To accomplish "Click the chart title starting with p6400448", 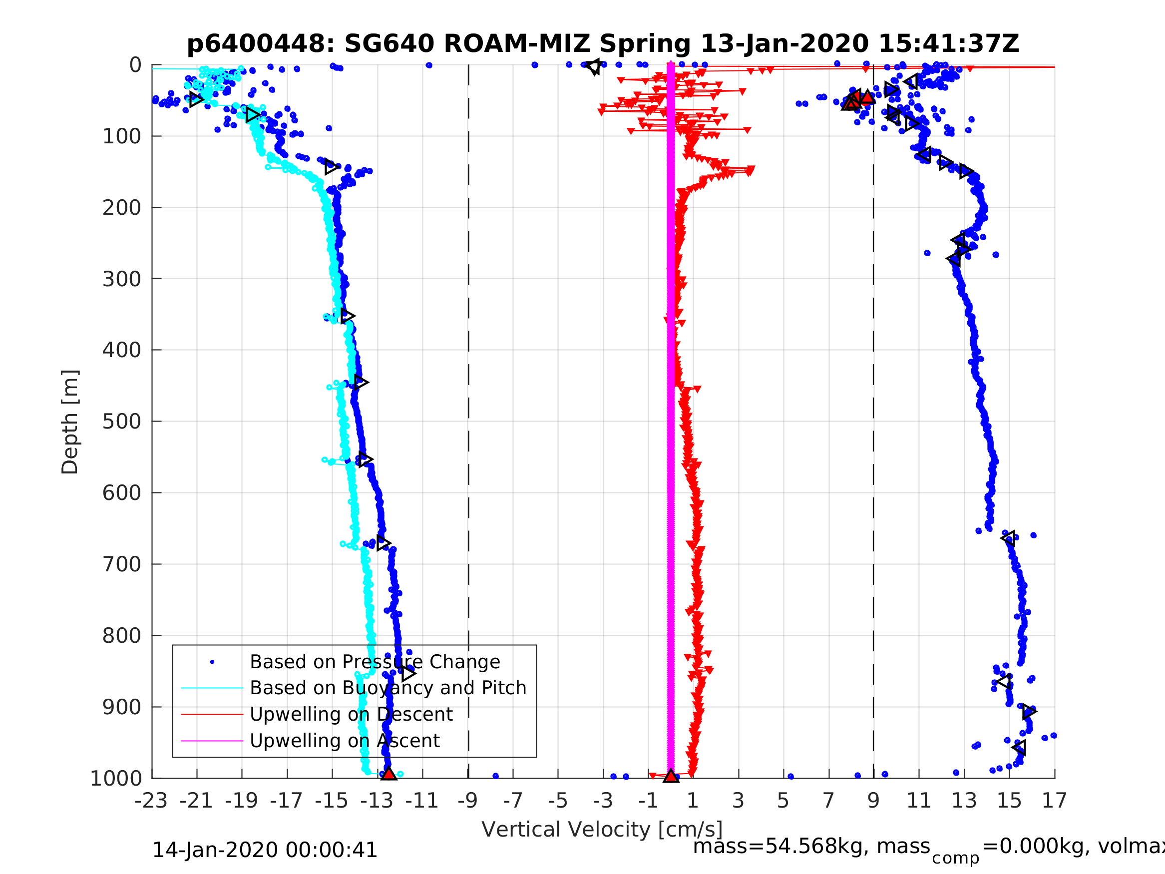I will point(603,44).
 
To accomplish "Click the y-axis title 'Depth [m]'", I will point(70,422).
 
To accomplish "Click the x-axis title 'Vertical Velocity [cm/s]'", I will point(602,829).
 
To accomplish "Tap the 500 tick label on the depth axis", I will point(122,422).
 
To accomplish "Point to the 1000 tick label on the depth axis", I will point(116,779).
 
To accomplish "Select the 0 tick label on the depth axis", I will point(135,65).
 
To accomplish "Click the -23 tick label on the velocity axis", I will point(151,801).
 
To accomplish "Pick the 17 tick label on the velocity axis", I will point(1055,801).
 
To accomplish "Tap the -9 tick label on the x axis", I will point(468,801).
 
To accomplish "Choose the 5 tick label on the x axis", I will point(783,801).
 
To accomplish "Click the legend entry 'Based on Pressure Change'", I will point(375,662).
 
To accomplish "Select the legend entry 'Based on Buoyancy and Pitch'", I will point(388,688).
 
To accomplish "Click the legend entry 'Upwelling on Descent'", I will point(351,714).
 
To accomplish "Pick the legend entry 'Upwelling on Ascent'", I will point(345,741).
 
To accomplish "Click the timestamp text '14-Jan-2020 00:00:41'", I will point(264,851).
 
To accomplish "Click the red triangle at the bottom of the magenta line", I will point(671,776).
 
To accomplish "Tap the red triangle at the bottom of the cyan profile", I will point(388,774).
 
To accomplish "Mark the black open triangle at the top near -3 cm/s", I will point(594,67).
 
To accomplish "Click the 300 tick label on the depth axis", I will point(122,279).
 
